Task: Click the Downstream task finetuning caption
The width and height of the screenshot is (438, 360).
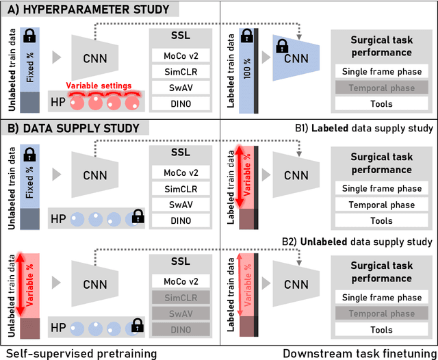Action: pyautogui.click(x=359, y=352)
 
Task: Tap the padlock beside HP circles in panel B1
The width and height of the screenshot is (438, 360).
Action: pyautogui.click(x=139, y=218)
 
